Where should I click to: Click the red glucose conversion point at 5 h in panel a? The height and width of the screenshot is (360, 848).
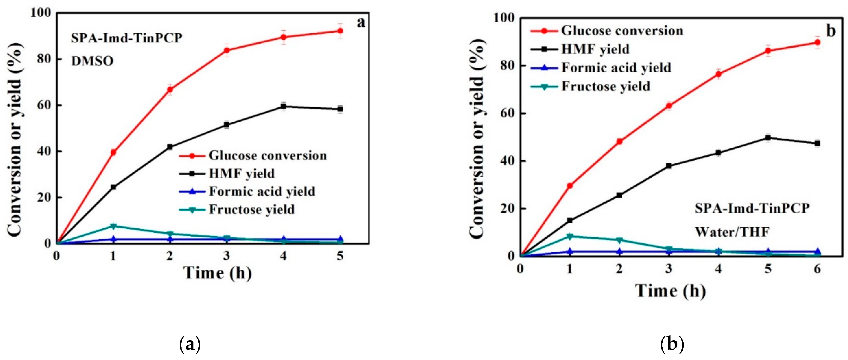[340, 31]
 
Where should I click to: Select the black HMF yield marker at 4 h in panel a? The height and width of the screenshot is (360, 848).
[283, 106]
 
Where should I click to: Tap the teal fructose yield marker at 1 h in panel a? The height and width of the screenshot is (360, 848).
[113, 226]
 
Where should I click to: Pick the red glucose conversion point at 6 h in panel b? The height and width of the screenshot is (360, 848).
[817, 42]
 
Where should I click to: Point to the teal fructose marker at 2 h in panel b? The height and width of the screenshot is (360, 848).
[619, 240]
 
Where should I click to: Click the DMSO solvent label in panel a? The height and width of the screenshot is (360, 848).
[93, 61]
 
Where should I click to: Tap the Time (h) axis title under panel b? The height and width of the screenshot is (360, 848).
[670, 291]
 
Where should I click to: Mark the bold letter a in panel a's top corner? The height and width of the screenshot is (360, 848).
[361, 22]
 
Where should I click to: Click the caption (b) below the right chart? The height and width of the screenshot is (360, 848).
[672, 345]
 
